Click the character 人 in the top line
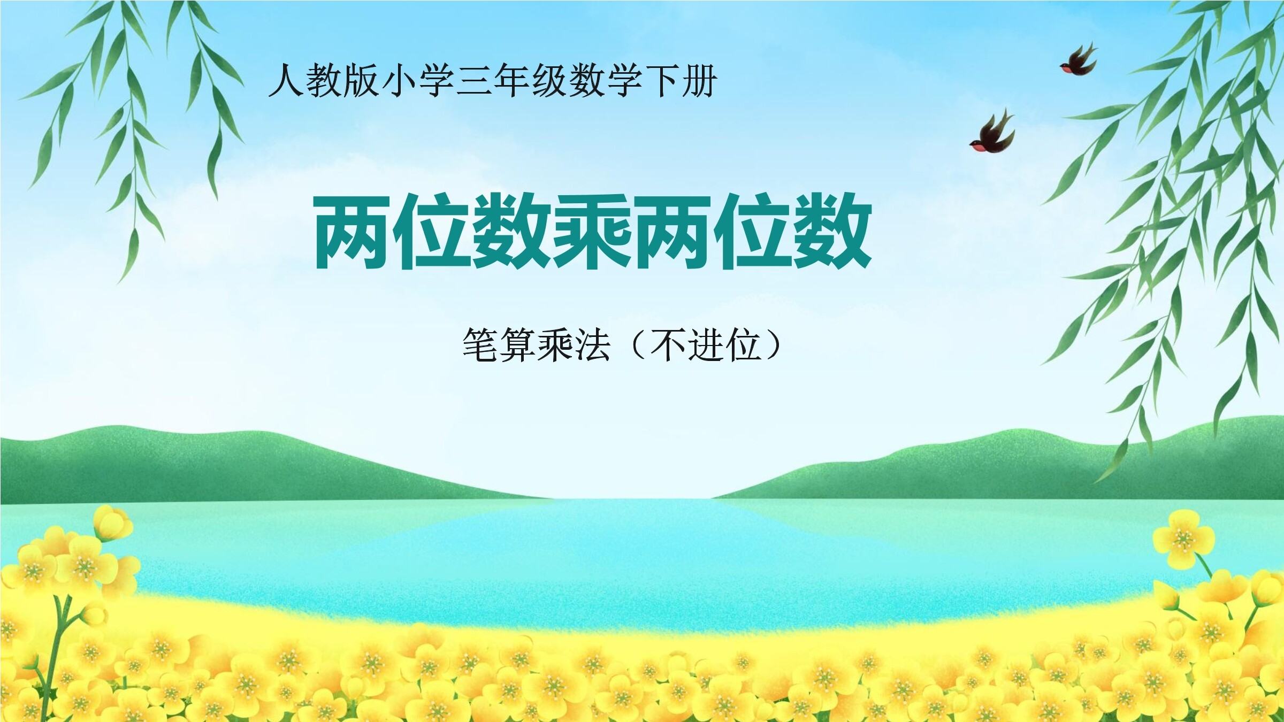pyautogui.click(x=286, y=81)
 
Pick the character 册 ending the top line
pyautogui.click(x=699, y=81)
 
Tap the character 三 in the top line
pyautogui.click(x=474, y=81)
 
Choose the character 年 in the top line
pyautogui.click(x=511, y=81)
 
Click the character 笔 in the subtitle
pyautogui.click(x=480, y=344)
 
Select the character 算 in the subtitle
pyautogui.click(x=518, y=344)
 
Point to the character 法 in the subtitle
pyautogui.click(x=593, y=344)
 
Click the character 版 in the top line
pyautogui.click(x=361, y=81)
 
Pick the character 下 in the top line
pyautogui.click(x=662, y=81)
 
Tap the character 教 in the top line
pyautogui.click(x=324, y=81)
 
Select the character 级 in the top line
pyautogui.click(x=549, y=81)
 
